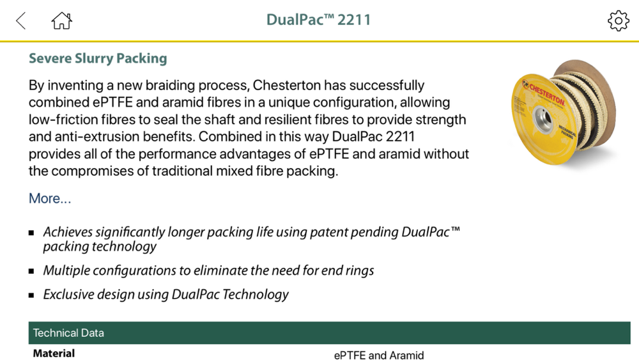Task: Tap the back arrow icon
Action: click(21, 20)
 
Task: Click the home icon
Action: click(61, 20)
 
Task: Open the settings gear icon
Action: click(618, 20)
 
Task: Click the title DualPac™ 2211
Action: click(319, 20)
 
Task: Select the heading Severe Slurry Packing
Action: click(98, 58)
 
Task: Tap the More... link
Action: click(50, 198)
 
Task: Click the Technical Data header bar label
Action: click(68, 333)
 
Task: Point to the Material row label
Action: click(54, 353)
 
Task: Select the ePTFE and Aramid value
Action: click(378, 356)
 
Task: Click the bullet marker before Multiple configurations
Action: click(31, 271)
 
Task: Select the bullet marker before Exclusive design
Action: click(31, 295)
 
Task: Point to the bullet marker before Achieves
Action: click(31, 233)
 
